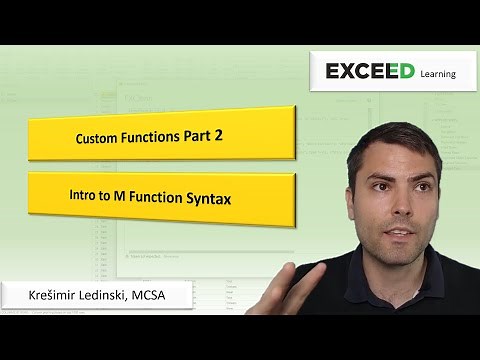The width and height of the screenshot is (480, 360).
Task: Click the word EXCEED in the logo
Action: tap(369, 72)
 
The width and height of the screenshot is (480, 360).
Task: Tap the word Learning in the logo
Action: tap(437, 74)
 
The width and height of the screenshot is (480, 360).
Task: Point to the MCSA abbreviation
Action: tap(161, 297)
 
